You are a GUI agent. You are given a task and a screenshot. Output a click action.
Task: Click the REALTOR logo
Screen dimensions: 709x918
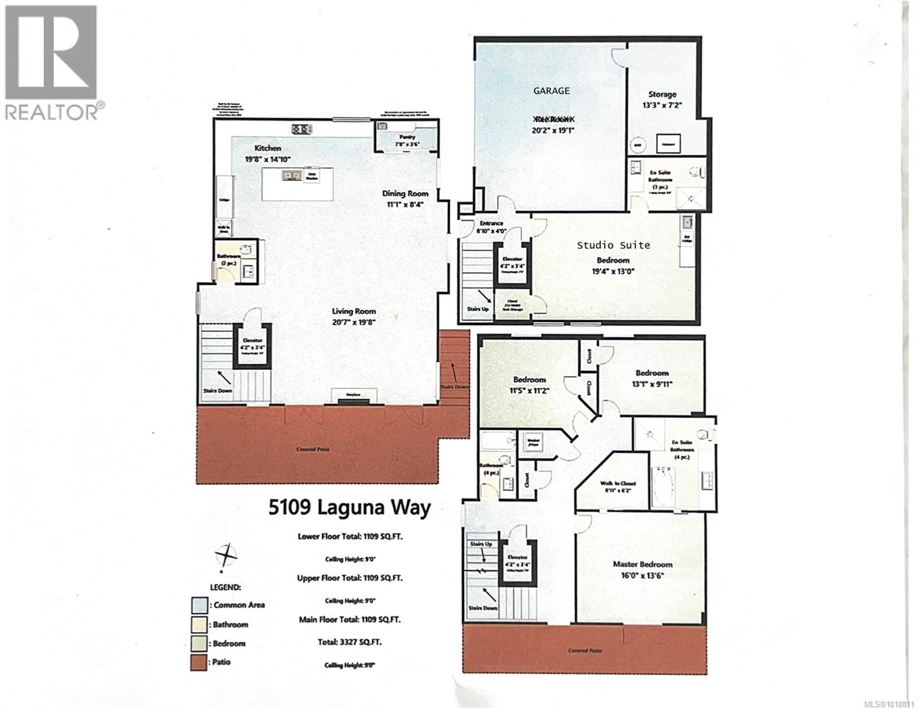51,62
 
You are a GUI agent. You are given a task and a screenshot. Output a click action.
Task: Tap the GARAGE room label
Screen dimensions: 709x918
552,90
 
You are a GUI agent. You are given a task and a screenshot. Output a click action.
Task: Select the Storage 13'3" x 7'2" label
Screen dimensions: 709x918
661,99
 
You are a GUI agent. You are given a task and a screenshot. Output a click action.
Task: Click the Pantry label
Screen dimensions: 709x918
407,137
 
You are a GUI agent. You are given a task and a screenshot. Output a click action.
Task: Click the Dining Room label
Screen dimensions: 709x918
405,193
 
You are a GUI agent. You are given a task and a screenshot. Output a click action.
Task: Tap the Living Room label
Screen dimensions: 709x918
353,311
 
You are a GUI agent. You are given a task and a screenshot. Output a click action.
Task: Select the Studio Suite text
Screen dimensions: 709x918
613,245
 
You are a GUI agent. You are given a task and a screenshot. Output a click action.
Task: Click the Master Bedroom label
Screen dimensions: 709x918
642,564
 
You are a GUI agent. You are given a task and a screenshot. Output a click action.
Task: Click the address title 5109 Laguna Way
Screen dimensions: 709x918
350,508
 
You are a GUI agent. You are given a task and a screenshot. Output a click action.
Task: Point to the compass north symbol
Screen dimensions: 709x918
226,556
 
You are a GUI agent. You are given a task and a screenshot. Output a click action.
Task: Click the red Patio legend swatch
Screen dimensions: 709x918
199,663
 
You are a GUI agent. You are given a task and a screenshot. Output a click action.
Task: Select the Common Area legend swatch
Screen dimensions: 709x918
199,605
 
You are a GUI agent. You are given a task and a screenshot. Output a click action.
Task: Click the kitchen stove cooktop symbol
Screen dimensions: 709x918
301,128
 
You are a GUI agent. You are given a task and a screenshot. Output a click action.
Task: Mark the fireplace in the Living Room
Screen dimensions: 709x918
353,397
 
